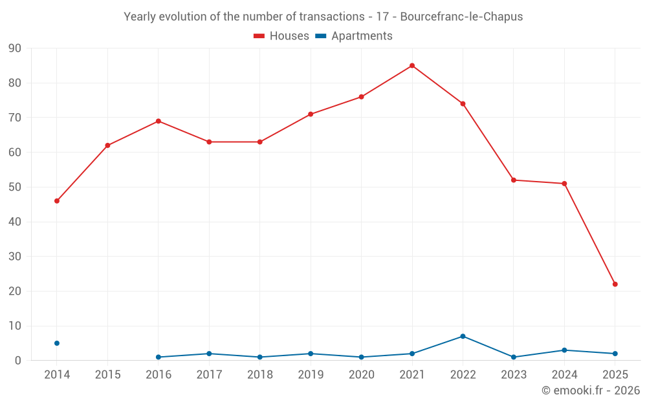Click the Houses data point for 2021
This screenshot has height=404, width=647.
coord(412,65)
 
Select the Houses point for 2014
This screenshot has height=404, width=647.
coord(57,201)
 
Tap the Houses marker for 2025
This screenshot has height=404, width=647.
coord(615,284)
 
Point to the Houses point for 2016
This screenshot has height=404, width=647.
coord(159,121)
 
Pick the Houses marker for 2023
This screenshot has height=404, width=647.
coord(514,180)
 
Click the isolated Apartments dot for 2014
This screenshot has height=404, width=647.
coord(57,343)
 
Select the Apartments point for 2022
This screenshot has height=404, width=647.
coord(463,336)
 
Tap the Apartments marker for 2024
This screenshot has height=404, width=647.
coord(564,350)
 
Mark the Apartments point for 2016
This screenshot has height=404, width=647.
coord(159,357)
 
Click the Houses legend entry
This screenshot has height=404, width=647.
coord(281,36)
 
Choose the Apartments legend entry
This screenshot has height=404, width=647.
coord(354,36)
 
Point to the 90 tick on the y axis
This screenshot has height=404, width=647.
coord(15,48)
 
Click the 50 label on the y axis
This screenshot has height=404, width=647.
coord(15,187)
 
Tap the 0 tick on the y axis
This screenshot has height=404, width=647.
coord(18,361)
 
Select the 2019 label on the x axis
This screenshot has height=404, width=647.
coord(311,375)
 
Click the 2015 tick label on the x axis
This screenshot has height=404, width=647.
coord(107,375)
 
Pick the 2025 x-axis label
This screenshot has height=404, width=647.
coord(615,375)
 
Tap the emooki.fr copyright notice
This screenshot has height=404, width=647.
coord(590,390)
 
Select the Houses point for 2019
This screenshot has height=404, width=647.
coord(311,114)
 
